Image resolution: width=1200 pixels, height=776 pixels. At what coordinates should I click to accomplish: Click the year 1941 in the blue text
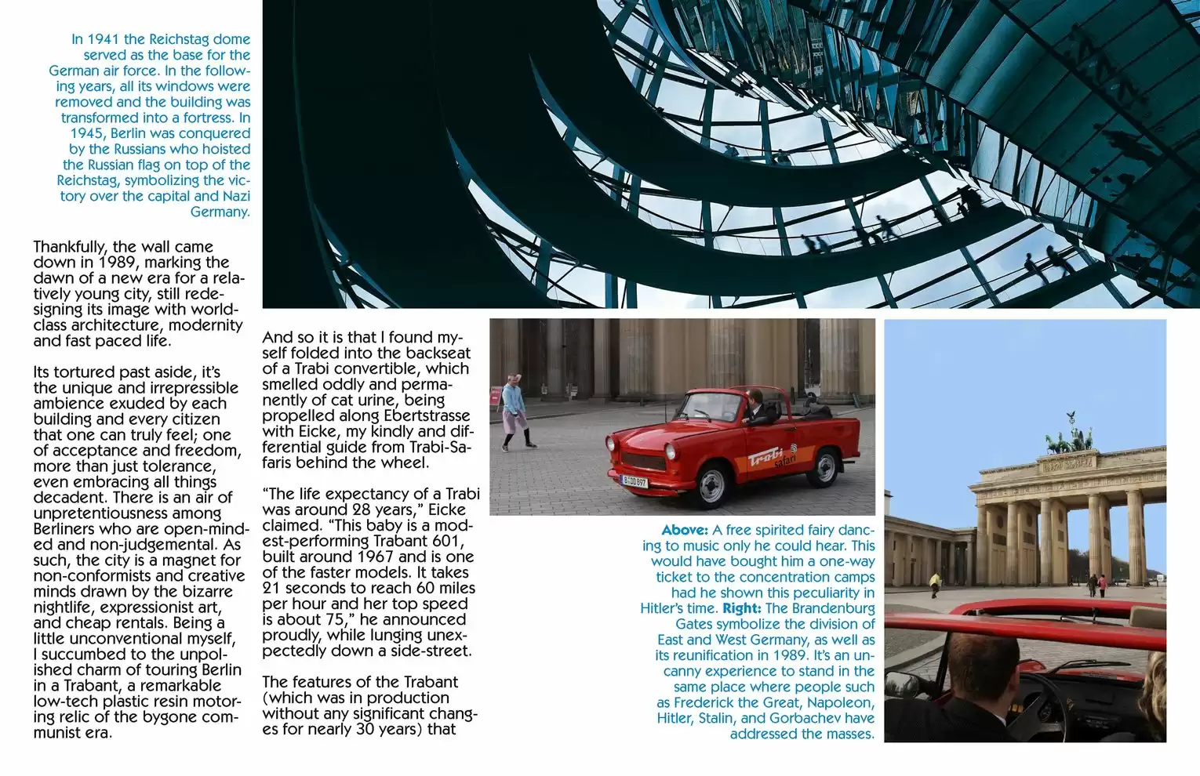point(104,39)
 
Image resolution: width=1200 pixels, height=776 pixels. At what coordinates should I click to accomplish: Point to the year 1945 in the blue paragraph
point(86,133)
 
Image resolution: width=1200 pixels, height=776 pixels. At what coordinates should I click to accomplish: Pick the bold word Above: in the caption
point(685,530)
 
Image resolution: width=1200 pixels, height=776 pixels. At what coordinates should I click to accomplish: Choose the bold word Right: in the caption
point(741,608)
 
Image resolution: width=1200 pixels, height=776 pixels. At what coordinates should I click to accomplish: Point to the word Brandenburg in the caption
point(833,608)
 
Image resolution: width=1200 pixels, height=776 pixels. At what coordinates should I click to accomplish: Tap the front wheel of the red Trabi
point(711,486)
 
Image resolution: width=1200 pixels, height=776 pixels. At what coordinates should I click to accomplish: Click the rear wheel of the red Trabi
point(824,467)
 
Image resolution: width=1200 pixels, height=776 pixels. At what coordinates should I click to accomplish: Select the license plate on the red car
point(634,480)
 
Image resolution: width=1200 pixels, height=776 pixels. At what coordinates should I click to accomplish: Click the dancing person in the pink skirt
point(515,411)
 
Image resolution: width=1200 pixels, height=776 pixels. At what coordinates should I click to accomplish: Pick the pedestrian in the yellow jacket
point(935,583)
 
